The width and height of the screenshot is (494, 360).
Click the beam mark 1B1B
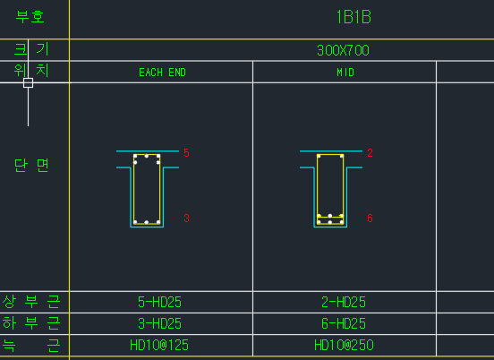point(353,17)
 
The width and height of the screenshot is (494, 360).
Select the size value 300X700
point(343,50)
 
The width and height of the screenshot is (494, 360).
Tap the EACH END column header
point(162,73)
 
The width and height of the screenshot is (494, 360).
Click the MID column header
point(345,73)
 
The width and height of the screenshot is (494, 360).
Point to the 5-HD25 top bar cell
point(159,302)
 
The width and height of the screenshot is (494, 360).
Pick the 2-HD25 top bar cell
point(344,302)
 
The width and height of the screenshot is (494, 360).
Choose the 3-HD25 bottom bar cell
point(159,323)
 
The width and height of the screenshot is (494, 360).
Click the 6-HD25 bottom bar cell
point(344,323)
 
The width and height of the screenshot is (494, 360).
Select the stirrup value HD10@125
point(159,345)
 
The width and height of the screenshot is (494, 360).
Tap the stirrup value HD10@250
point(344,345)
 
